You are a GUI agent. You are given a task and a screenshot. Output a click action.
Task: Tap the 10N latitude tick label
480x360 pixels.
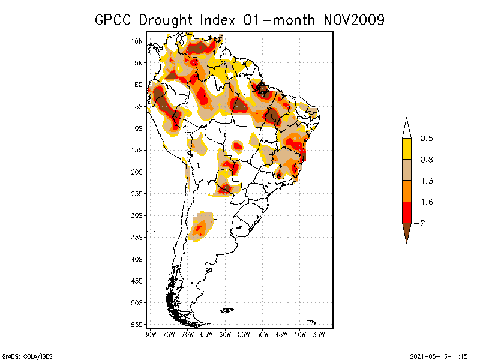tap(137, 41)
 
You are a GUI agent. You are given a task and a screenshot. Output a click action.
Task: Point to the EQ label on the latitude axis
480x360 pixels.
tap(139, 85)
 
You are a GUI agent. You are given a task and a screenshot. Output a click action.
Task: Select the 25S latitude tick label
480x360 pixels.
tap(137, 194)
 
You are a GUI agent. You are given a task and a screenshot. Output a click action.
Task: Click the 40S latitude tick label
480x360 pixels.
tap(137, 259)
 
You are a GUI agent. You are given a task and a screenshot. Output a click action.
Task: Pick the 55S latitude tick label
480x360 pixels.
tap(137, 325)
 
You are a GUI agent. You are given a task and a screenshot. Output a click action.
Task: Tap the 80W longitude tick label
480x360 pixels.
tap(150, 334)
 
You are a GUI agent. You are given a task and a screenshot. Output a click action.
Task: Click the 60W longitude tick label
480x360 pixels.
tap(225, 334)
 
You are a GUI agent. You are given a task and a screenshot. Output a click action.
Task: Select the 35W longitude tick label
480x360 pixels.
tap(319, 334)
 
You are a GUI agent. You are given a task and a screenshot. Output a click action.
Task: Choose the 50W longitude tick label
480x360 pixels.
tap(262, 334)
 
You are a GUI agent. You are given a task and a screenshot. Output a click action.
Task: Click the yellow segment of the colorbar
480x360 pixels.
tap(406, 149)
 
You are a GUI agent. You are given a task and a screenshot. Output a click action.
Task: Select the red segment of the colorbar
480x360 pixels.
tap(406, 212)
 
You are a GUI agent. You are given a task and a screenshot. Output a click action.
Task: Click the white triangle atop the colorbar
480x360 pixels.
tap(406, 128)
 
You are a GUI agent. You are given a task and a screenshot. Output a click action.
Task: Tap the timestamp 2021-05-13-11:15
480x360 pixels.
tap(438, 356)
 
